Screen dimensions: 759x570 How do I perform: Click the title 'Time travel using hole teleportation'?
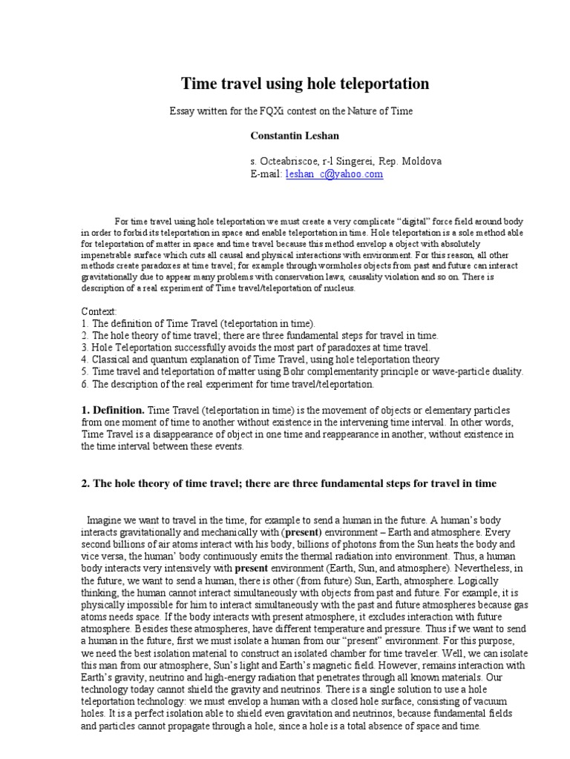coord(306,84)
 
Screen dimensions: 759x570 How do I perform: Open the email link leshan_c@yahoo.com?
coord(334,174)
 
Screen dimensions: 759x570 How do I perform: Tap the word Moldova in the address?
coord(421,161)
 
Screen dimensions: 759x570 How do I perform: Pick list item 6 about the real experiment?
coord(227,384)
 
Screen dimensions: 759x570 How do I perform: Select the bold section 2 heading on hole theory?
coord(288,484)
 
